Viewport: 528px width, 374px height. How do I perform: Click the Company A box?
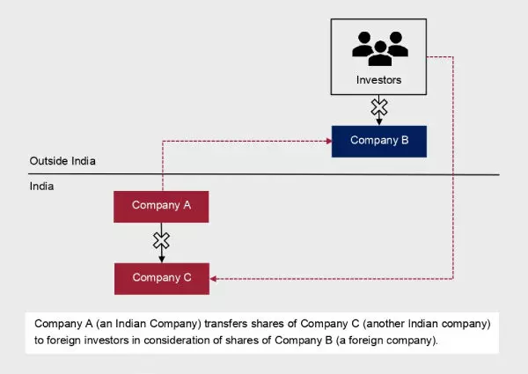pyautogui.click(x=161, y=205)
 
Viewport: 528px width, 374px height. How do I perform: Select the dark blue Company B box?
pyautogui.click(x=379, y=140)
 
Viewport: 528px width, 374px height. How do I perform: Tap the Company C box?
pyautogui.click(x=161, y=277)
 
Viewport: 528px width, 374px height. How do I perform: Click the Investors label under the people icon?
pyautogui.click(x=379, y=80)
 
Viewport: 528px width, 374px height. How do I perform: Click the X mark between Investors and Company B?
pyautogui.click(x=379, y=107)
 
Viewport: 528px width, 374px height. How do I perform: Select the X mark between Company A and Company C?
pyautogui.click(x=161, y=240)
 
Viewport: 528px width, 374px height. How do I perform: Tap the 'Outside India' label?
pyautogui.click(x=62, y=162)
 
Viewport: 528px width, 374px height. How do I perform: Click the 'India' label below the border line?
pyautogui.click(x=42, y=187)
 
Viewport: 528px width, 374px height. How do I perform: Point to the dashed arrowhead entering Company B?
pyautogui.click(x=326, y=140)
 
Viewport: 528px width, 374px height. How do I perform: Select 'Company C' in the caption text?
pyautogui.click(x=338, y=324)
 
